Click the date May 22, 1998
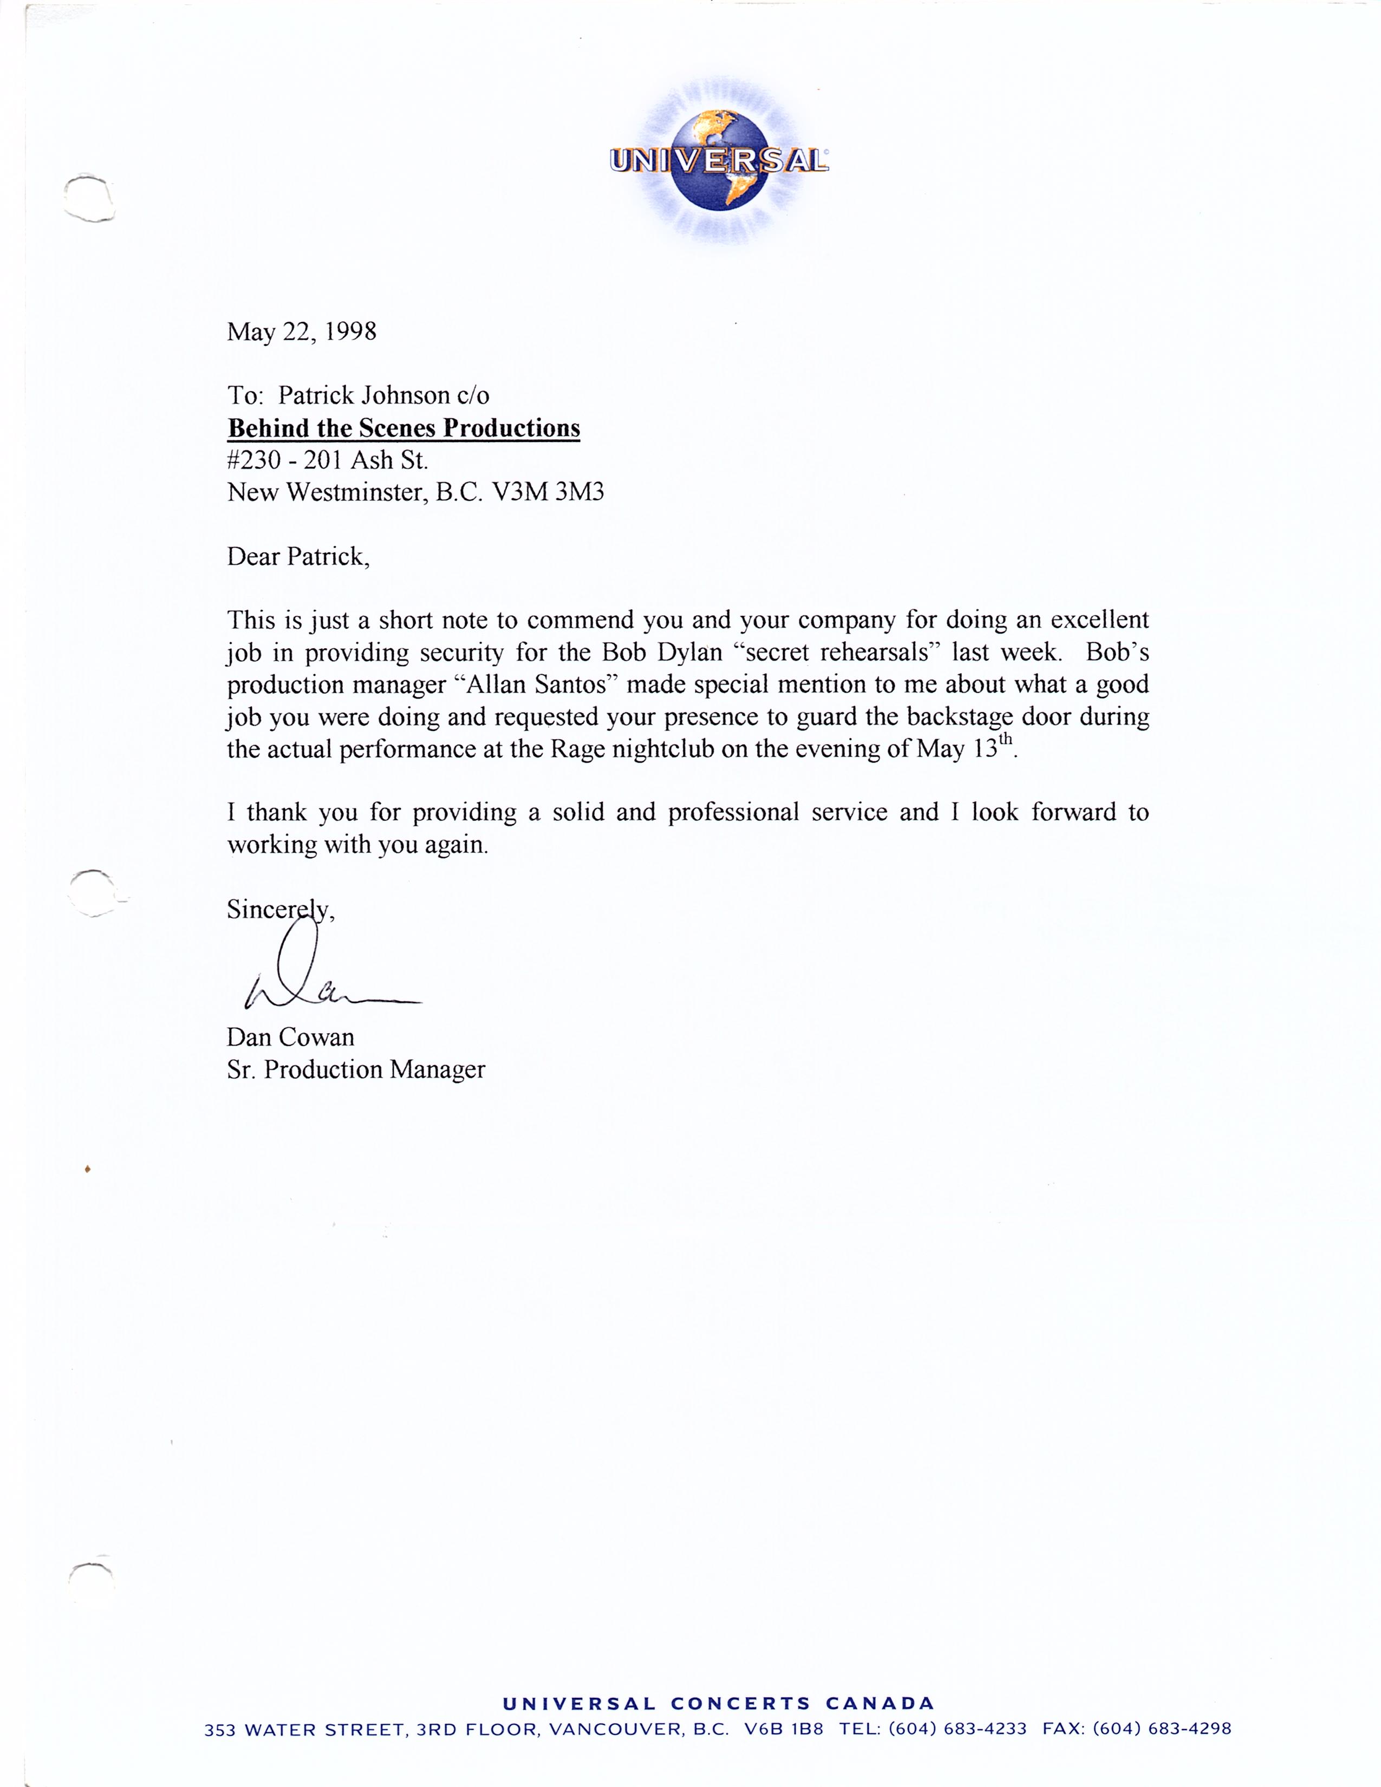[301, 331]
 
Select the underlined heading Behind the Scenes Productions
[403, 428]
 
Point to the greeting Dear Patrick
[298, 557]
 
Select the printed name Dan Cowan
[290, 1038]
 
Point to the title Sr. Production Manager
[356, 1070]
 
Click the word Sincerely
[278, 910]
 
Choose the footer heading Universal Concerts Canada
[718, 1704]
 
